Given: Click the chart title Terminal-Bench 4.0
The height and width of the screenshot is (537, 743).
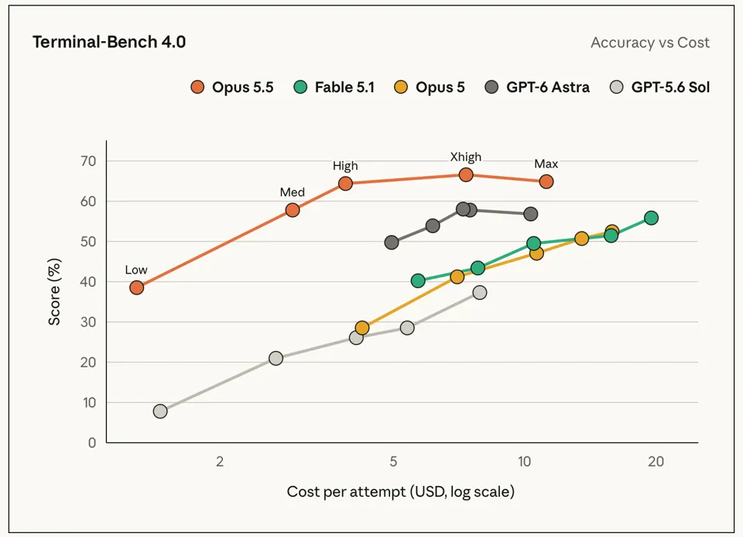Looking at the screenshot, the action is pyautogui.click(x=109, y=42).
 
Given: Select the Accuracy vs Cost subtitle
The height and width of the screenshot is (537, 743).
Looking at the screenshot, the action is pyautogui.click(x=649, y=43).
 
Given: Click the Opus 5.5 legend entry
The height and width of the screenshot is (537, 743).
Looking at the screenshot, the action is pyautogui.click(x=231, y=88).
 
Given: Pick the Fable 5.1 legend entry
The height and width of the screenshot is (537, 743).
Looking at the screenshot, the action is pyautogui.click(x=334, y=88).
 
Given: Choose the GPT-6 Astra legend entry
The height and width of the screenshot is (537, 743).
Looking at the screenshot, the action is pyautogui.click(x=537, y=88).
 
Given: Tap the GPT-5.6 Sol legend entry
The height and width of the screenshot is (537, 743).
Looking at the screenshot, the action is pyautogui.click(x=659, y=88).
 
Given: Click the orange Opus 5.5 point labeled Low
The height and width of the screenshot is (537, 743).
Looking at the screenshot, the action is pyautogui.click(x=136, y=287).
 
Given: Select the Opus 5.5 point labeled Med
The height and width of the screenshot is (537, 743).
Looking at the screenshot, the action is pyautogui.click(x=293, y=210).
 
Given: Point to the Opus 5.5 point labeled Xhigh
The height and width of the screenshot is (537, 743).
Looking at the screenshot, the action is pyautogui.click(x=466, y=174).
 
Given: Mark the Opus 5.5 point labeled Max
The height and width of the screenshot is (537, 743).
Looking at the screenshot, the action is pyautogui.click(x=546, y=181).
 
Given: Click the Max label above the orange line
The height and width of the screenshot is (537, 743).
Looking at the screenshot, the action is pyautogui.click(x=546, y=164).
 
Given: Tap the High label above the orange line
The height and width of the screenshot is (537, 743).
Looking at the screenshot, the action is pyautogui.click(x=345, y=166).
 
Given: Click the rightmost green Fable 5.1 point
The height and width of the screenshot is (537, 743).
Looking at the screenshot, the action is pyautogui.click(x=651, y=218).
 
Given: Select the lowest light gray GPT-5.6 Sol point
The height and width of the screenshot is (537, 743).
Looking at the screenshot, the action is pyautogui.click(x=160, y=411).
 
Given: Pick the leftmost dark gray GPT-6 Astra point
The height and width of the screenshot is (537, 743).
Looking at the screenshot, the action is pyautogui.click(x=392, y=243).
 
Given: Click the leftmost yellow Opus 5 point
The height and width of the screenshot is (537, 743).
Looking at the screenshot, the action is pyautogui.click(x=362, y=328).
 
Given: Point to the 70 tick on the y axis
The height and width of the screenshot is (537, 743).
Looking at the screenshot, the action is pyautogui.click(x=88, y=161).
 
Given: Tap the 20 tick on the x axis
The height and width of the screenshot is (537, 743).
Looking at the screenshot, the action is pyautogui.click(x=656, y=461).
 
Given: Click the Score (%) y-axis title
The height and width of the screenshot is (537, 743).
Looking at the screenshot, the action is pyautogui.click(x=54, y=291).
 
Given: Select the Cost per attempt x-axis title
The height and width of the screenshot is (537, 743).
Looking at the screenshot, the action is pyautogui.click(x=400, y=491).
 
